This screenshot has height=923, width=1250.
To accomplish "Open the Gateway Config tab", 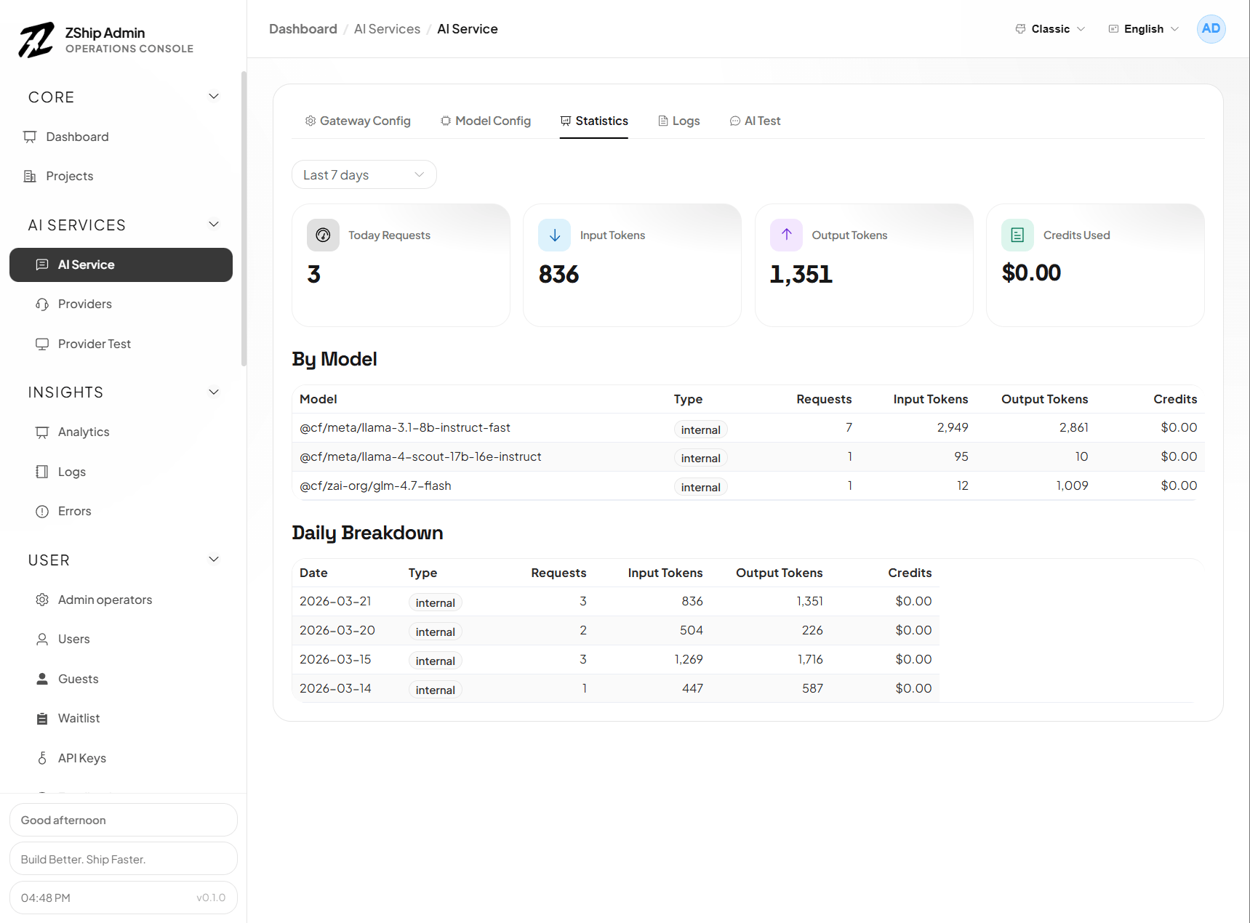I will click(x=358, y=121).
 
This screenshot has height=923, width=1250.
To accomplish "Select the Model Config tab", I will click(x=486, y=121).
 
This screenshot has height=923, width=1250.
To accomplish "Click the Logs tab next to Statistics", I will click(x=679, y=121).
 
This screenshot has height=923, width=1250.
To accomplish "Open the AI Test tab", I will click(x=756, y=121).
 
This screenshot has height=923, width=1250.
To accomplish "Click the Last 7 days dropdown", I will click(x=364, y=175).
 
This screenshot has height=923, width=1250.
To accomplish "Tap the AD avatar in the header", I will click(x=1211, y=29).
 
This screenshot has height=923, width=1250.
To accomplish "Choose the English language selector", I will click(x=1143, y=29).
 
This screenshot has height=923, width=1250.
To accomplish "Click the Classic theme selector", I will click(x=1050, y=29).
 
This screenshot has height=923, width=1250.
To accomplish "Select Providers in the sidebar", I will click(x=84, y=304).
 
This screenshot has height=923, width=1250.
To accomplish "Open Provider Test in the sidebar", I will click(x=94, y=344).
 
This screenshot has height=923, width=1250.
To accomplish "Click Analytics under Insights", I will click(x=84, y=432).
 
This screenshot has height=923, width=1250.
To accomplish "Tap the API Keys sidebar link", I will click(x=81, y=758).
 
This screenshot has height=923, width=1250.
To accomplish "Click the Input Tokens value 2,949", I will click(x=952, y=427).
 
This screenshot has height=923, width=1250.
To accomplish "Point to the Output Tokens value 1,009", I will click(x=1072, y=485).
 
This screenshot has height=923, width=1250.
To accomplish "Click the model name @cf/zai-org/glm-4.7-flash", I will click(x=375, y=485).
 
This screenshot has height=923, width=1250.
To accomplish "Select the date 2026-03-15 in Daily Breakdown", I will click(x=335, y=659).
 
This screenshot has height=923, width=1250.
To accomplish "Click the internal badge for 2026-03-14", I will click(x=435, y=690).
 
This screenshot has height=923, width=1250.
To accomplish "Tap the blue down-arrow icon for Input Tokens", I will click(x=554, y=235).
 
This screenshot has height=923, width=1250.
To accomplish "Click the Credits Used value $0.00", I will click(x=1031, y=273).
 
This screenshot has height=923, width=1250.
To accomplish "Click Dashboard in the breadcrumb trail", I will click(x=303, y=29).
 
